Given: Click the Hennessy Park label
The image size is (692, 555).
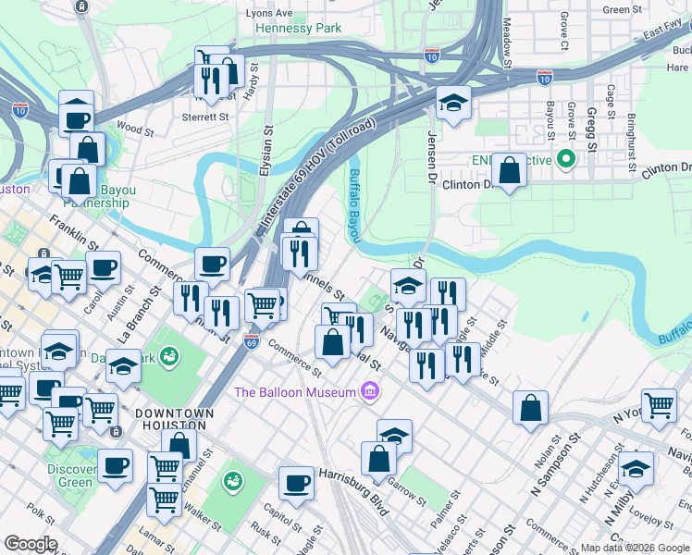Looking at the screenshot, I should (x=298, y=29).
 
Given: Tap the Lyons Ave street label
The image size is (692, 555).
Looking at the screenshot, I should (x=269, y=13).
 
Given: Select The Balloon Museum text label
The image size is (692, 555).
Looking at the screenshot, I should (x=295, y=392).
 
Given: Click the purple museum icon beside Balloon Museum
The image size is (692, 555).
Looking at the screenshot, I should (x=370, y=392).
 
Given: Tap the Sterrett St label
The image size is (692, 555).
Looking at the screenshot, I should (x=205, y=117).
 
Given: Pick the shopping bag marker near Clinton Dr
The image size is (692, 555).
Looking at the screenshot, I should (x=510, y=171).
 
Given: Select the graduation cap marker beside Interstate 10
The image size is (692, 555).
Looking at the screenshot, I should (x=453, y=103).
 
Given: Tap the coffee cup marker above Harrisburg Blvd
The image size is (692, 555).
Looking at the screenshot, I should (x=297, y=483).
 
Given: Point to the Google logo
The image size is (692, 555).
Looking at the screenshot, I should (x=31, y=544).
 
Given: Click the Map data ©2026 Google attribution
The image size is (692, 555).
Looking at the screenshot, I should (x=635, y=548).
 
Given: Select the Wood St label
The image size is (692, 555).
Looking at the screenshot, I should (x=130, y=127).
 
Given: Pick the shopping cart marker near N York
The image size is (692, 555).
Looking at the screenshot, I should (x=660, y=405).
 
